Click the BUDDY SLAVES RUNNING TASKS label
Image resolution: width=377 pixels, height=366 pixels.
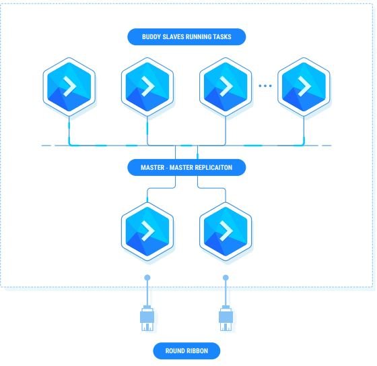[186, 37]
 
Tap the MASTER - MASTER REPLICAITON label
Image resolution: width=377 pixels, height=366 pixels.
[186, 167]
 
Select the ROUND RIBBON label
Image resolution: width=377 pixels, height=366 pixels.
[186, 350]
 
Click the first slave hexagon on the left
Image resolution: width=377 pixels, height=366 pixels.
[69, 87]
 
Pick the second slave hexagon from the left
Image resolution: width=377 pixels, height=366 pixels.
[147, 87]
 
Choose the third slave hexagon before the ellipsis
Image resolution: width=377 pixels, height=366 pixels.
[226, 87]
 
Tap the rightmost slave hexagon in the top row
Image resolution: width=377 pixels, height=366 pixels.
[304, 87]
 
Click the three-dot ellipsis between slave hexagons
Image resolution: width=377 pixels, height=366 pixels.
[265, 86]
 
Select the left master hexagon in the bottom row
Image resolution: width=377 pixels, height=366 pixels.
[147, 231]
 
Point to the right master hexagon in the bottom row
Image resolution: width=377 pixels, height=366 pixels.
[226, 231]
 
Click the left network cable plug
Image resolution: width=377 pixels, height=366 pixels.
[147, 318]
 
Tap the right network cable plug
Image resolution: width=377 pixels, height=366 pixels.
[226, 318]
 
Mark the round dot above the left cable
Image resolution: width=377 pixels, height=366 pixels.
[147, 278]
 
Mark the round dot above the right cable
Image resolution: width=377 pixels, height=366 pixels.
[226, 278]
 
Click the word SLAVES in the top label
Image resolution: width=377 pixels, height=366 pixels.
[170, 37]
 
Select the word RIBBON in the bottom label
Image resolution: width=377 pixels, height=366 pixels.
[197, 350]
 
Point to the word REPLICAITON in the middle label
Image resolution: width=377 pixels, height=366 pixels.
[213, 167]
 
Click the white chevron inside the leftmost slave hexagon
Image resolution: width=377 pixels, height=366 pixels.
[70, 86]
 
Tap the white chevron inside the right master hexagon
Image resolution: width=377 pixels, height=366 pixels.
[226, 231]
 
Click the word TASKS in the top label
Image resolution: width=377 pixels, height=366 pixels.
[223, 37]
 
